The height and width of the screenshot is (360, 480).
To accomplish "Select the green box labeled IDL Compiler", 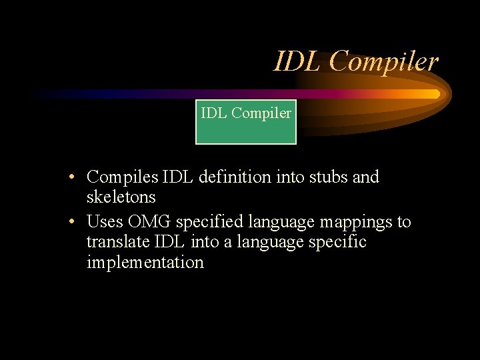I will [245, 121].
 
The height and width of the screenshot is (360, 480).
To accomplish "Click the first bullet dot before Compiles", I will [78, 178].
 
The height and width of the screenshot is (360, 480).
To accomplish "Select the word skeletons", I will [121, 197].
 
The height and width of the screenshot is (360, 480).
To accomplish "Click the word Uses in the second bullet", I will [105, 221].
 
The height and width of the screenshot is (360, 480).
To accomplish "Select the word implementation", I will [145, 263].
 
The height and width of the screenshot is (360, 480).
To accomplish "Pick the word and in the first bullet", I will [366, 177].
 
